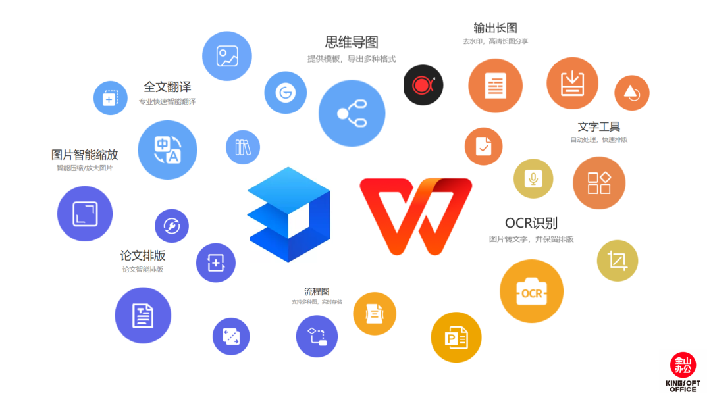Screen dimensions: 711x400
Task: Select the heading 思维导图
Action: point(352,42)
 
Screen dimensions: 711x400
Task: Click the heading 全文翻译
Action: point(167,87)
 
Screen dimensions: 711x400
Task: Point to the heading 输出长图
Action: point(495,28)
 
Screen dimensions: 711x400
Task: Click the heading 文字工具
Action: point(598,126)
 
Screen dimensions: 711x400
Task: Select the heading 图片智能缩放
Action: point(84,155)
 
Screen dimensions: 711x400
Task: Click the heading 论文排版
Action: point(142,255)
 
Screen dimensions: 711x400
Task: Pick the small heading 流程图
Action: point(317,291)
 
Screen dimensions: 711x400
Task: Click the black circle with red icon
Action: point(423,85)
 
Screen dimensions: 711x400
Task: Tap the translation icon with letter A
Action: point(167,150)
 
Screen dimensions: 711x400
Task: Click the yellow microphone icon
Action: point(533,179)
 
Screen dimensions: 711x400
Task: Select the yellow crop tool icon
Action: point(617,261)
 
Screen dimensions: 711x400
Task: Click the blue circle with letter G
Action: point(285,93)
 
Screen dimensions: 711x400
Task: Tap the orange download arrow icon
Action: point(572,84)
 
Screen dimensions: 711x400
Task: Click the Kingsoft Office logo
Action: point(683,372)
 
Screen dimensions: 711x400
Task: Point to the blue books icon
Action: point(243,147)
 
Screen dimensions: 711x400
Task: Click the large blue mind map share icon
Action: point(352,113)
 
